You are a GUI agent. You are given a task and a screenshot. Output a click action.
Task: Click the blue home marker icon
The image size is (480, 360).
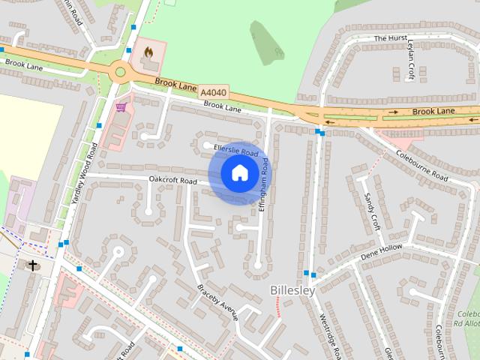pos(238,173)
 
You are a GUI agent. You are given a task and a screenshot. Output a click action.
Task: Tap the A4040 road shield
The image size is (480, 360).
pos(213,91)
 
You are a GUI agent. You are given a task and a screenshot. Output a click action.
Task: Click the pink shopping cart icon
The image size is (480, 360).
pos(120,108)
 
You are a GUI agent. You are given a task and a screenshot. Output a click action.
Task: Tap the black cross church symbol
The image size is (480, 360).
pos(32,265)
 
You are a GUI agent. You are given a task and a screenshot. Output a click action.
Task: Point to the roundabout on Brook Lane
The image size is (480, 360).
pos(119,73)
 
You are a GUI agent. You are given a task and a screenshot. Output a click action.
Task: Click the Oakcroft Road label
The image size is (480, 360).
pos(172,181)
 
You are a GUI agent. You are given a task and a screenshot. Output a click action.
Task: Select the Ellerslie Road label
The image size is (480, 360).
pos(235,149)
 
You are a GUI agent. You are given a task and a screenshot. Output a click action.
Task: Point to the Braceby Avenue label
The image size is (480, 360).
pos(217,301)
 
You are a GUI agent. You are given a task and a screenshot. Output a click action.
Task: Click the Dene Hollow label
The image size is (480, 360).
pos(381,251)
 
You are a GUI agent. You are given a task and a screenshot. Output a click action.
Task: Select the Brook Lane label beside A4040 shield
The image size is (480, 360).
pos(176,84)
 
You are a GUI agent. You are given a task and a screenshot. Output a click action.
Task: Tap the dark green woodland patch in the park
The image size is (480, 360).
pos(268,43)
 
